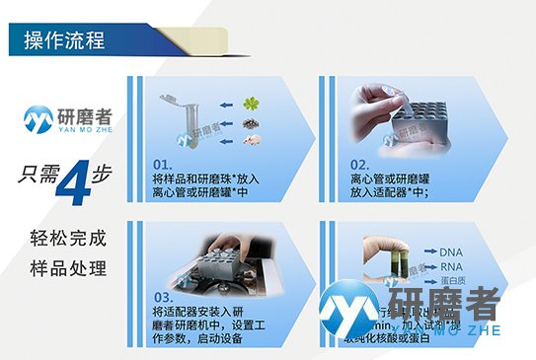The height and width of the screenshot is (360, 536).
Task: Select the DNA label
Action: [x=450, y=252]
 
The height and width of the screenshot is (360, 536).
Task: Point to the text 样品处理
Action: [x=66, y=269]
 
